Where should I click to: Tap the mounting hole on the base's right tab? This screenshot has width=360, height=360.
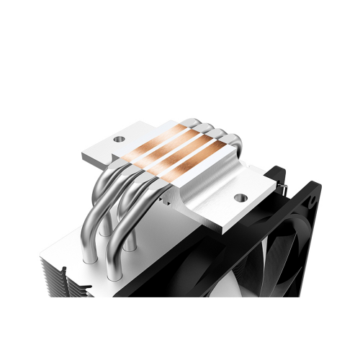[239, 196]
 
